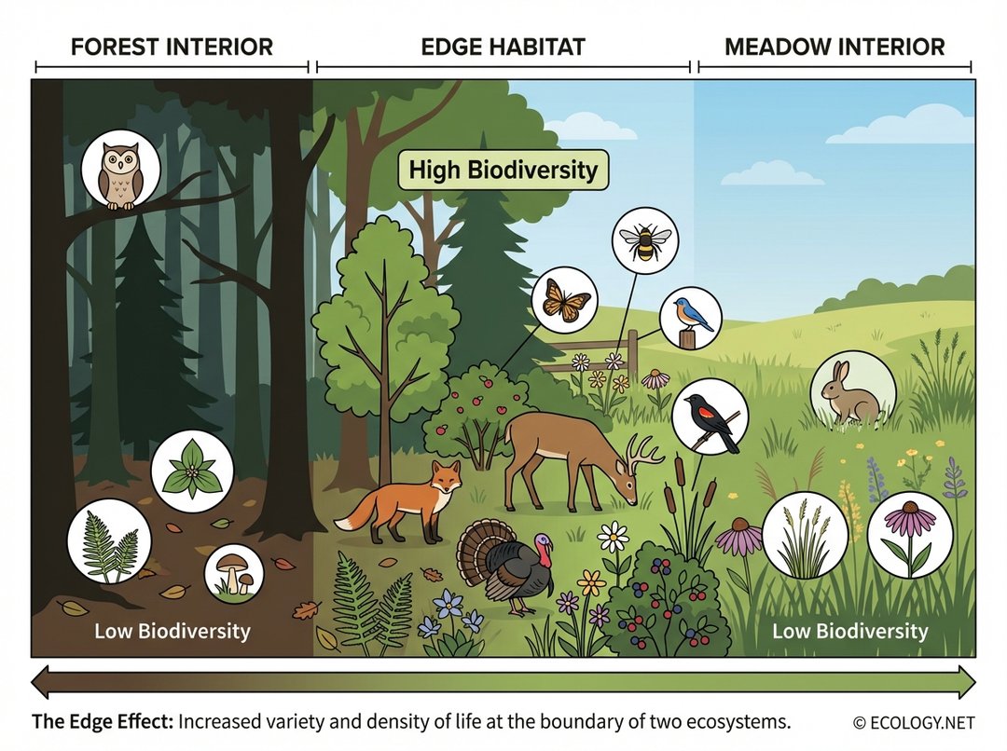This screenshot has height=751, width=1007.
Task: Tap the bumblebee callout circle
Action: (644, 240)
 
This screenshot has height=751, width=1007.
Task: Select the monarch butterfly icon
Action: (563, 300)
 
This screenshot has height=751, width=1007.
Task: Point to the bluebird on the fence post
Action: (691, 318)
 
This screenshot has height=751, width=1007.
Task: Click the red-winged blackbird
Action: (710, 416)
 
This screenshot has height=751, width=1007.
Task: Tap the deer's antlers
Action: (643, 453)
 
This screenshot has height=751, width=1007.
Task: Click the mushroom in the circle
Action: (233, 571)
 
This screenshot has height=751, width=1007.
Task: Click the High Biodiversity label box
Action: (504, 171)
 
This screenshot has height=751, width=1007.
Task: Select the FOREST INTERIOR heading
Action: (172, 47)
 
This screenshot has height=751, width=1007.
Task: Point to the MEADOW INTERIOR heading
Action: (835, 47)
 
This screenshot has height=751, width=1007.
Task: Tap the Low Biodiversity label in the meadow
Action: (849, 631)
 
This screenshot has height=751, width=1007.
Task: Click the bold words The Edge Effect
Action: (101, 722)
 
